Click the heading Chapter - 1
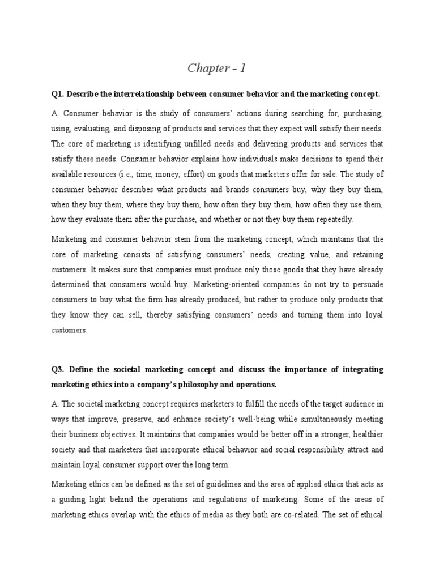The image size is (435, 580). point(217,69)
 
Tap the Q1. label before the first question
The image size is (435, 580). point(58,93)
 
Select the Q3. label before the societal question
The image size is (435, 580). point(59,369)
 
